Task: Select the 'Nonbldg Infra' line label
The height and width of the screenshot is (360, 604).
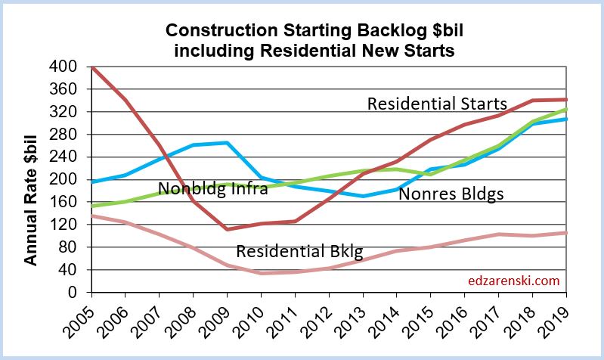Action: pyautogui.click(x=213, y=189)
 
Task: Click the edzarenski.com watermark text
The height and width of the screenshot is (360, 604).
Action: pyautogui.click(x=513, y=281)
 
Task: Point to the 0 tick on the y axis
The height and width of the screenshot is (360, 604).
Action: pyautogui.click(x=74, y=293)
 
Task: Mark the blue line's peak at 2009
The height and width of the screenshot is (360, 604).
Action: pyautogui.click(x=227, y=143)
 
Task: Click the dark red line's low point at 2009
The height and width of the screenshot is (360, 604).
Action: pyautogui.click(x=227, y=229)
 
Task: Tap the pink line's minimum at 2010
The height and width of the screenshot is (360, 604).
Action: pyautogui.click(x=261, y=273)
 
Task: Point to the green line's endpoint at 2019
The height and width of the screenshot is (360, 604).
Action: pyautogui.click(x=567, y=110)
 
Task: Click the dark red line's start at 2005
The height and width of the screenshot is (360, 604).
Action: pyautogui.click(x=92, y=67)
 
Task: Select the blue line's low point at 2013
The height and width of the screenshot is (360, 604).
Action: pyautogui.click(x=363, y=196)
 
